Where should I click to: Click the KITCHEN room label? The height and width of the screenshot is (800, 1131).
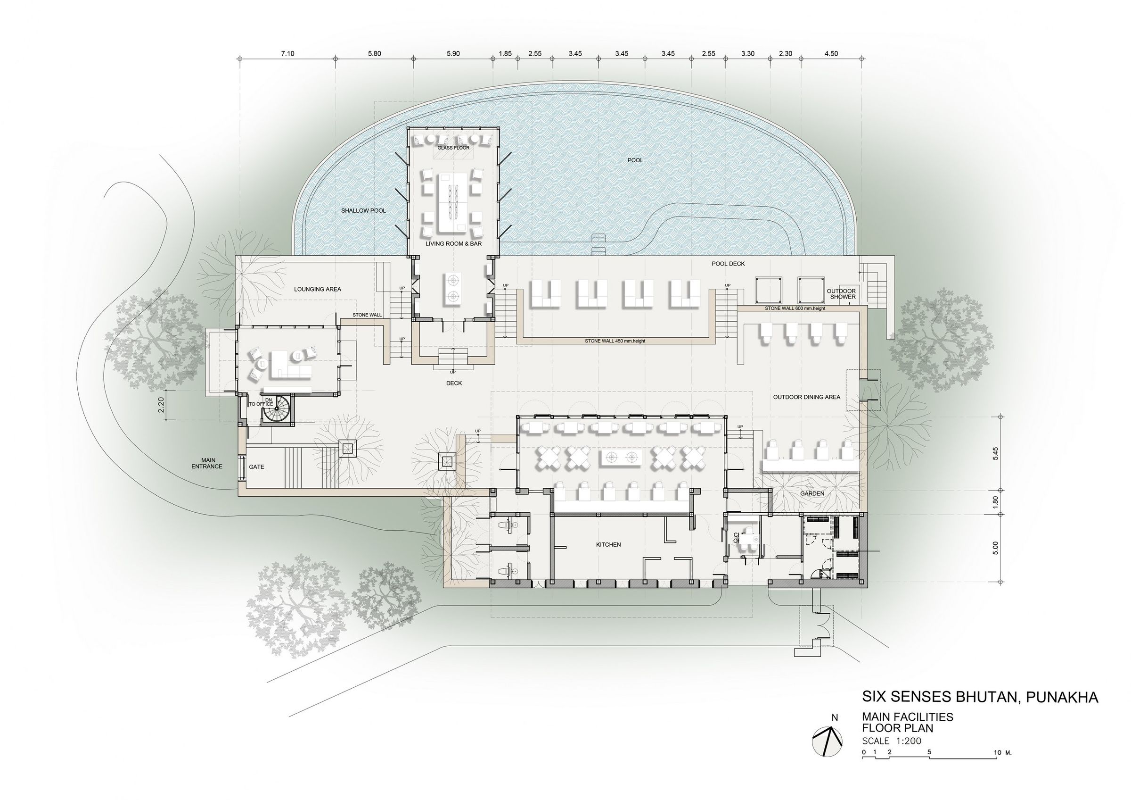coord(608,545)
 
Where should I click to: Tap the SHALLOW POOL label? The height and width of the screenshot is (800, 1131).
coord(363,210)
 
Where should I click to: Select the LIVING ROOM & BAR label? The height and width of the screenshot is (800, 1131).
coord(454,243)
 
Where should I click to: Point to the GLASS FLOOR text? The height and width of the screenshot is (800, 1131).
coord(454,148)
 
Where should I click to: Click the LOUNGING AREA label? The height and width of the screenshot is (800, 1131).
coord(318,289)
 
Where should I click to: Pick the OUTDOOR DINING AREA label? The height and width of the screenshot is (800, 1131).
coord(806,397)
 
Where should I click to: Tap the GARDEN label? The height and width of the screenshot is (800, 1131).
coord(812,493)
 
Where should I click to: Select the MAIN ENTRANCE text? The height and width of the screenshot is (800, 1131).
coord(207,463)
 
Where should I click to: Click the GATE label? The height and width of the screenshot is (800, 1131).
coord(257,467)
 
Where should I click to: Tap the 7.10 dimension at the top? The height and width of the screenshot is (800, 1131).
coord(287,54)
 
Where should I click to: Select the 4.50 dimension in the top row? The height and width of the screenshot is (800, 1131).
coord(831,54)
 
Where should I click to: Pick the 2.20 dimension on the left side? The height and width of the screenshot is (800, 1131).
coord(161,405)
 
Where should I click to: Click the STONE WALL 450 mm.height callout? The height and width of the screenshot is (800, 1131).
coord(615,341)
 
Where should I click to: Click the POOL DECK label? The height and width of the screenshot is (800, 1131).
coord(728,264)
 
